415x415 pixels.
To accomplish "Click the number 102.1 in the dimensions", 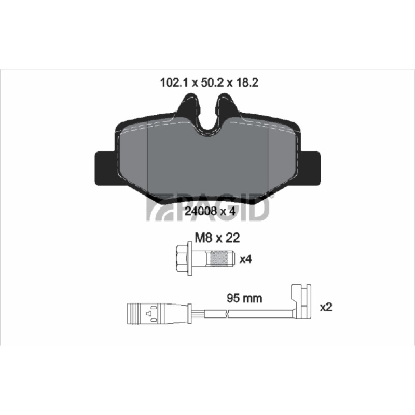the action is (x=174, y=83).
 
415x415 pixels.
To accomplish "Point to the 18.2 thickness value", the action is (x=246, y=83).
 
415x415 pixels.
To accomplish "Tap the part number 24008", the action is (x=201, y=211).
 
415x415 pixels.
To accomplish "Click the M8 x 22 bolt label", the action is (x=217, y=238).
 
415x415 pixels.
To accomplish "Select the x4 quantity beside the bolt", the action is (x=245, y=259).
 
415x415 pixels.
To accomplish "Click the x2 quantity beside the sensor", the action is (x=326, y=307).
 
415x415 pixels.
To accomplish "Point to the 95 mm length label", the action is (x=244, y=298).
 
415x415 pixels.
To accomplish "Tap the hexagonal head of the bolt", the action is (x=182, y=258).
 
